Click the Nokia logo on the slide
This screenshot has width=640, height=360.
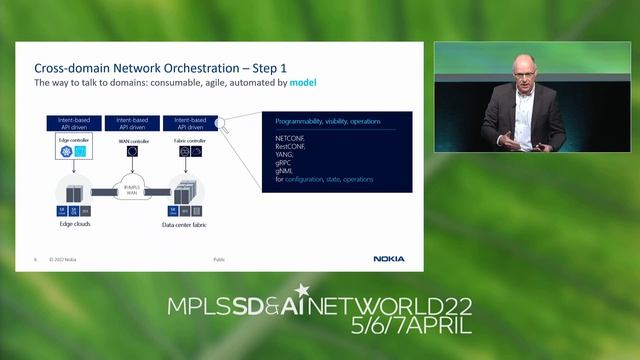[x=389, y=259]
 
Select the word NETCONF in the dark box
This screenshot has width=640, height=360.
[x=291, y=136]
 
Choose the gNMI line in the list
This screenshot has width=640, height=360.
[x=284, y=172]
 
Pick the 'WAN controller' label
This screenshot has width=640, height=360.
[x=132, y=141]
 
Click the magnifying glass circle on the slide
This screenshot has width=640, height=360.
[x=222, y=125]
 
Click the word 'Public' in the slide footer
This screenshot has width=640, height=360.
[x=219, y=259]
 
